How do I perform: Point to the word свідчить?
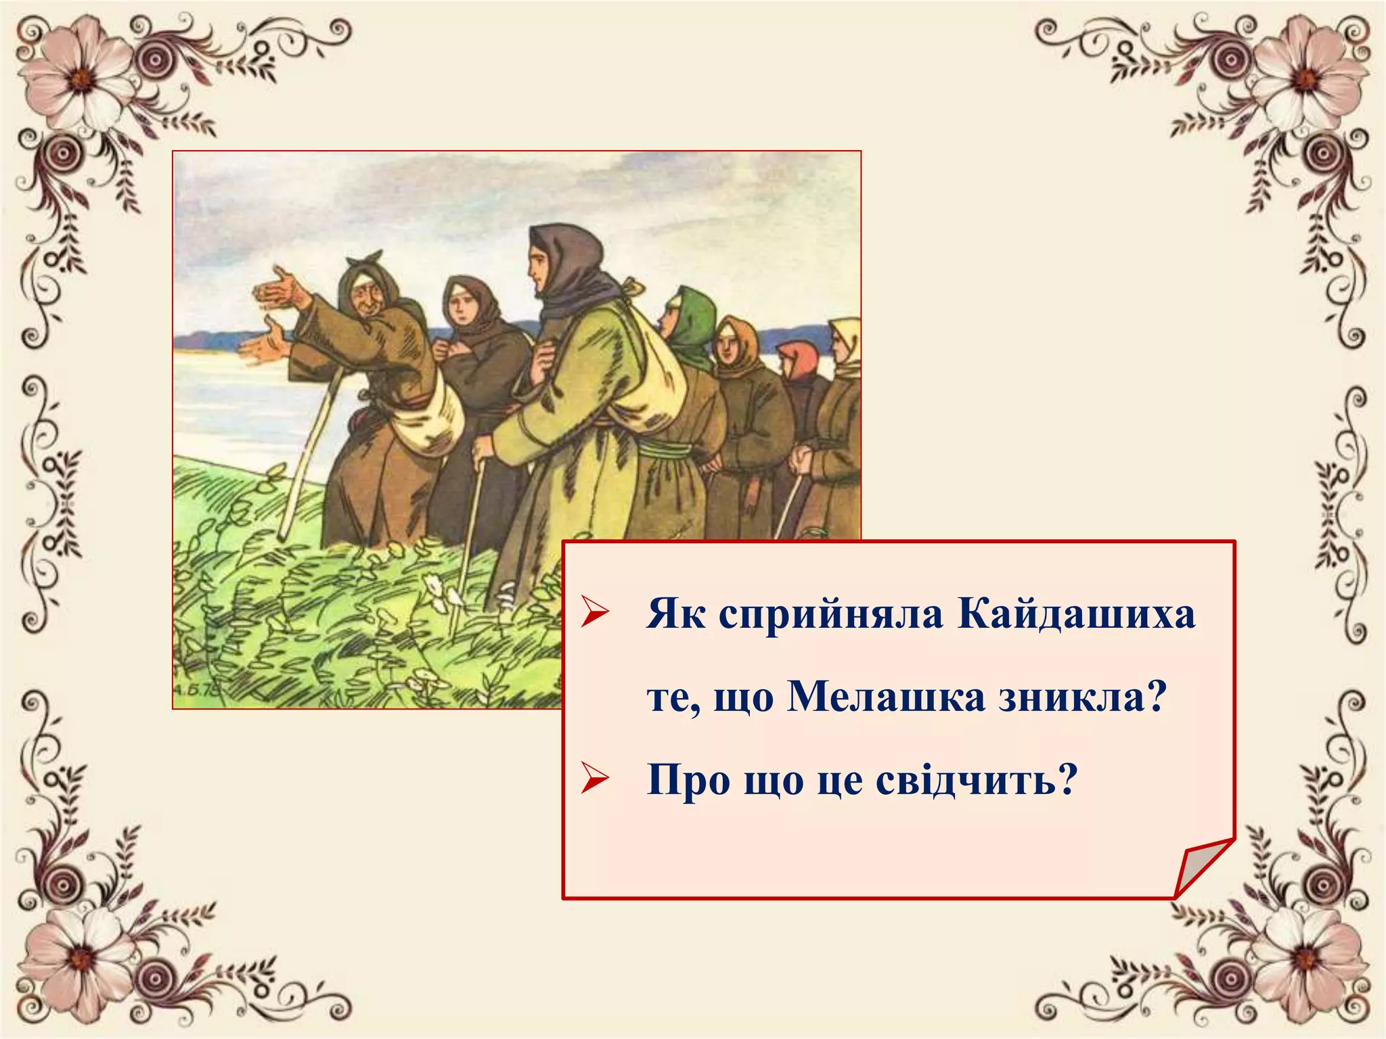975,780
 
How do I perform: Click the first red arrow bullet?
595,614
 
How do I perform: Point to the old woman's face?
366,297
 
